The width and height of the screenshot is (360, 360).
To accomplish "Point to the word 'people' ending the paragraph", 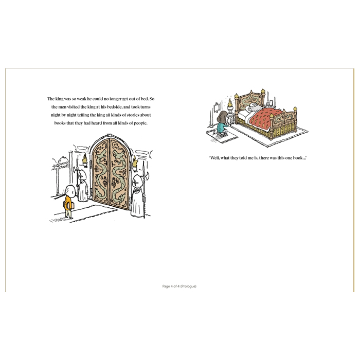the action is tap(140, 123).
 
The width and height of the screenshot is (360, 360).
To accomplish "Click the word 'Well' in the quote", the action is tap(214, 158).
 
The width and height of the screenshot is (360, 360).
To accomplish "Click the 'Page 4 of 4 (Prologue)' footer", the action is tap(179, 286).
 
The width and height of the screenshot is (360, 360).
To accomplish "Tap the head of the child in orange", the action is tap(70, 191).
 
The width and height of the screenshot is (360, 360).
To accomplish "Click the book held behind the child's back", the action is tap(68, 206).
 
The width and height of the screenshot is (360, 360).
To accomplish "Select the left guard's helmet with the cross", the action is tap(82, 175).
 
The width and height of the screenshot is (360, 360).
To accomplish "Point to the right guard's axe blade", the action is tap(147, 177).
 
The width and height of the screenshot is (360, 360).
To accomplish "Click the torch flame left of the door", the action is tap(85, 158).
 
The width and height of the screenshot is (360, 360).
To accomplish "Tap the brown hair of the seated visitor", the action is tap(222, 117).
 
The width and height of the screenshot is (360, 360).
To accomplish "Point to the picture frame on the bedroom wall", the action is tap(217, 107).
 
